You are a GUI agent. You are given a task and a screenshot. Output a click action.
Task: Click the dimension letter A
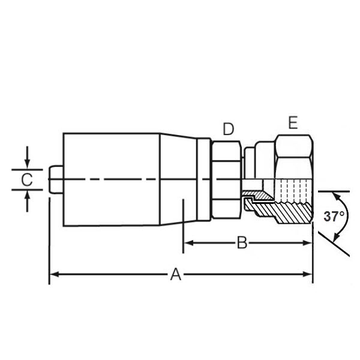coord(176,274)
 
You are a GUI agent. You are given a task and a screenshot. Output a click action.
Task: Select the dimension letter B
coord(242,242)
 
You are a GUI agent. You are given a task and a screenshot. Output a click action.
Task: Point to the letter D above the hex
coord(228,129)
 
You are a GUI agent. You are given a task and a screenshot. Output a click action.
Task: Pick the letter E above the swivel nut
coord(292,123)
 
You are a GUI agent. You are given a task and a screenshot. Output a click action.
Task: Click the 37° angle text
coord(334,217)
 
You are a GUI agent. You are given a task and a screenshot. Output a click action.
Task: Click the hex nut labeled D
coord(226,179)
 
